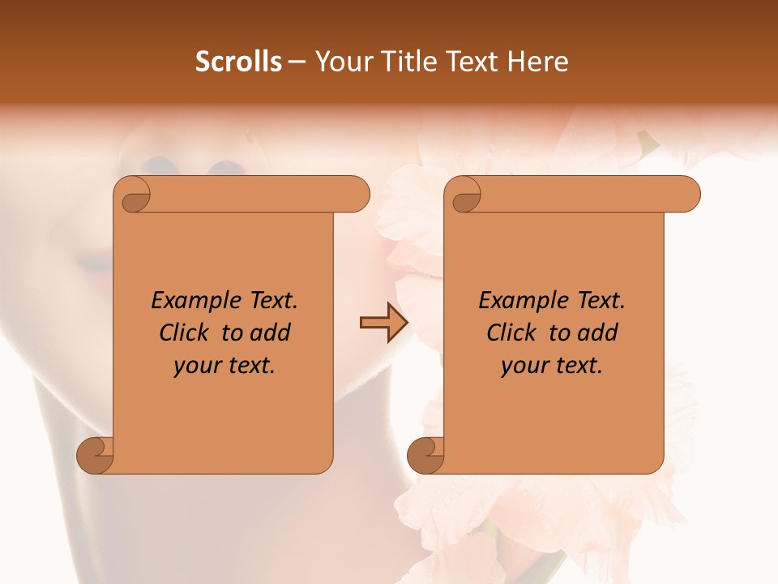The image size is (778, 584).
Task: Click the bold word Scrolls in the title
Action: pos(238,62)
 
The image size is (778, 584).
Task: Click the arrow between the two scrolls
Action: pos(383,323)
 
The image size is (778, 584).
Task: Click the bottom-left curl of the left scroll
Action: pos(95,455)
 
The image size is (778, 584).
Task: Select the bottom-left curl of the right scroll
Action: pos(425,455)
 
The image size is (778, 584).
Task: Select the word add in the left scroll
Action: pos(271,333)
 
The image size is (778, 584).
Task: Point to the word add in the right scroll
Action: pos(599,333)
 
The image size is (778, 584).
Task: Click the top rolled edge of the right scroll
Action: pos(583,195)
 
